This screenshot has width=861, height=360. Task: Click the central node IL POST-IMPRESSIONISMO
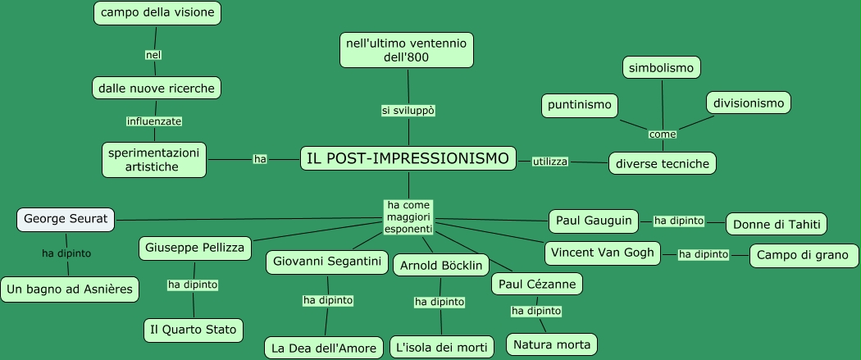point(408,158)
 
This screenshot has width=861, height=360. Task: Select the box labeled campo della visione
point(157,13)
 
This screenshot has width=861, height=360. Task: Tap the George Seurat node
point(66,219)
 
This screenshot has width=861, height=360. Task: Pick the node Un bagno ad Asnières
point(70,289)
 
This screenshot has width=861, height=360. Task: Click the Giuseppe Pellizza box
point(195,248)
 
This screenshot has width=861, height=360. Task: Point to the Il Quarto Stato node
point(194,330)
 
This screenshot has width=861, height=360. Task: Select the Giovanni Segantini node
point(327,262)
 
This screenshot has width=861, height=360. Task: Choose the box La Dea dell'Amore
point(325,348)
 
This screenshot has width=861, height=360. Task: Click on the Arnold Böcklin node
point(441,266)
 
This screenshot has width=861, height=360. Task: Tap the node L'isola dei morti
point(442,348)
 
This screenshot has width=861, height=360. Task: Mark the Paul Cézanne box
point(537,284)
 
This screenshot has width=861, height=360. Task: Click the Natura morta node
point(552,344)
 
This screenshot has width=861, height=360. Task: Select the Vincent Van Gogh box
point(603,253)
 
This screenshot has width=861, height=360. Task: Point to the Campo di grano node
point(804,255)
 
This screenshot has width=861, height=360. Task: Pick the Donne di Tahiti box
point(777,224)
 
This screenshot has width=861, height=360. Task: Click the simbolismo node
point(662,67)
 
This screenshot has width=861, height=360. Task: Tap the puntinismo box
point(580,105)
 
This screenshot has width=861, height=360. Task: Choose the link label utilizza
point(550,162)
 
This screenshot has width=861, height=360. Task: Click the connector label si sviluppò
point(408,110)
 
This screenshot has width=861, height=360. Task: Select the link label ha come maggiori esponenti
point(408,216)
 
